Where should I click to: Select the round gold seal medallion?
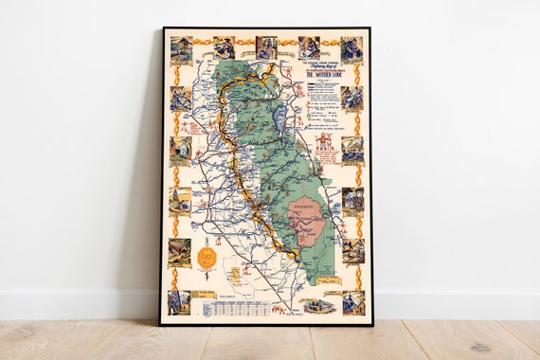point(207,257)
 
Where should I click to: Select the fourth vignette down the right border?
point(351,200)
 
